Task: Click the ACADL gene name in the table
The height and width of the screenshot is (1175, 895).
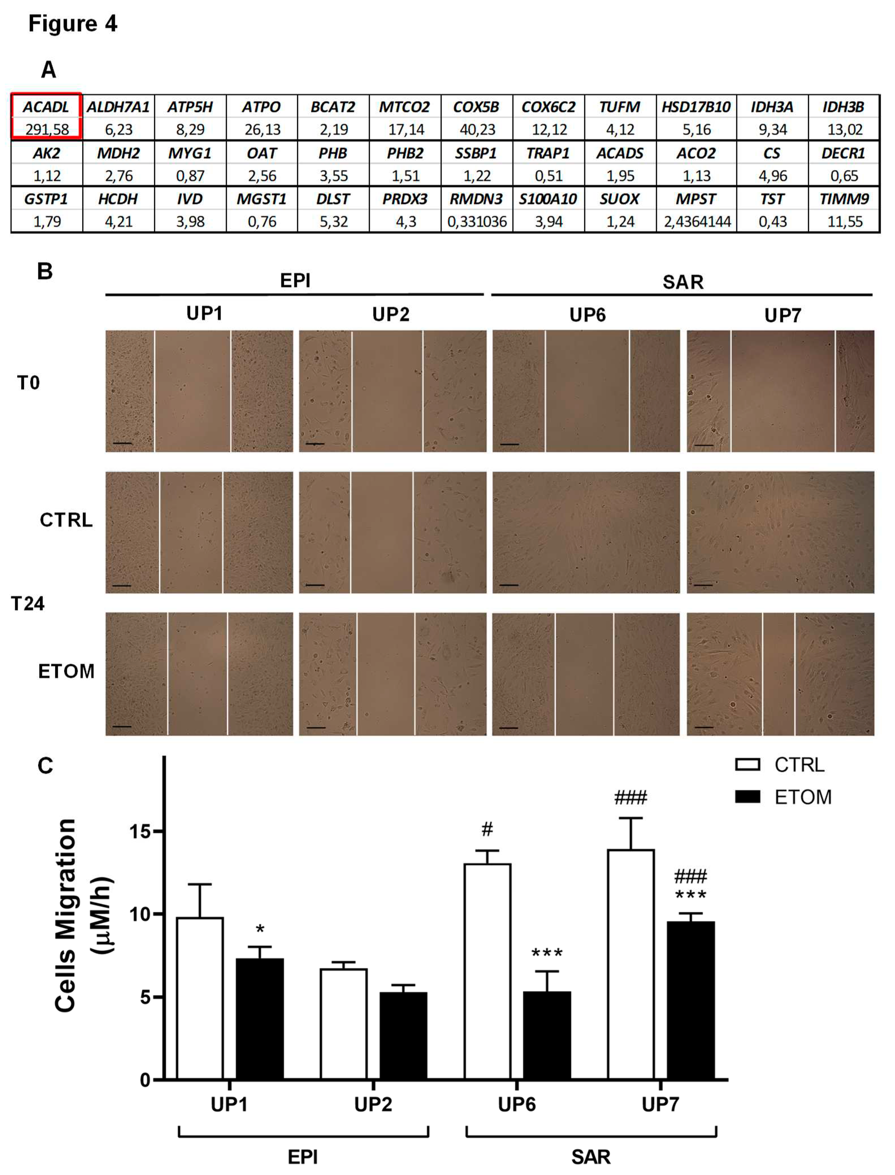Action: (46, 107)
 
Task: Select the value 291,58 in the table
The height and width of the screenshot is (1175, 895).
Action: (47, 129)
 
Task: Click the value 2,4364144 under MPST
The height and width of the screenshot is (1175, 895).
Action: (697, 221)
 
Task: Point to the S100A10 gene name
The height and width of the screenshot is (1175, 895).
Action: (548, 199)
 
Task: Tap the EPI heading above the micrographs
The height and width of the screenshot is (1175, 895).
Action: (295, 281)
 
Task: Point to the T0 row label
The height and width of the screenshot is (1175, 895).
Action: (28, 383)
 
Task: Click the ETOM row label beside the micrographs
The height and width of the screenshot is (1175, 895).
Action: (66, 671)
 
